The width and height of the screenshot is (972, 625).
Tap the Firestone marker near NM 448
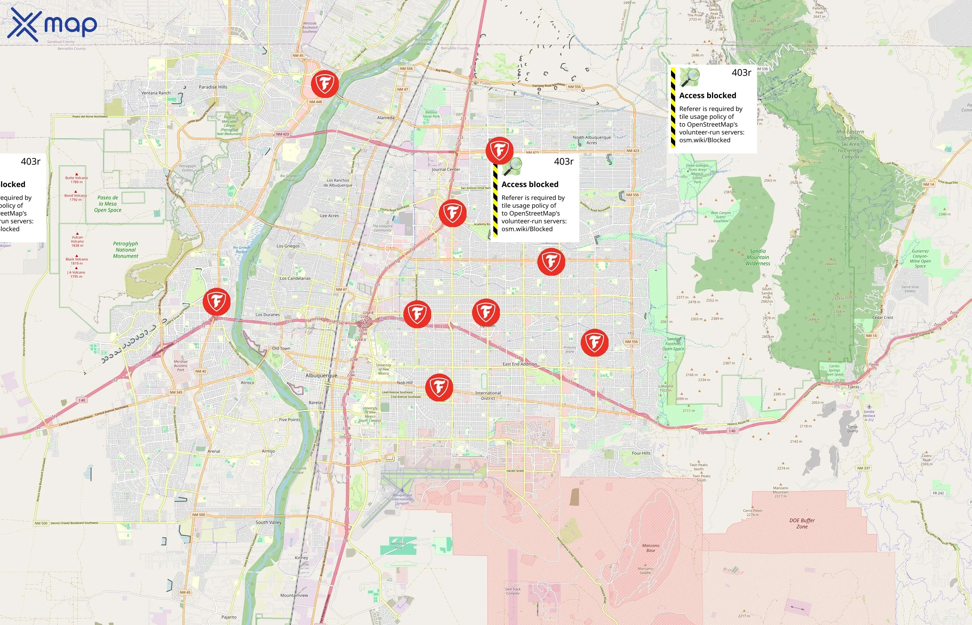pyautogui.click(x=325, y=84)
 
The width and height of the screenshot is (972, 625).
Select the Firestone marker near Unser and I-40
pyautogui.click(x=217, y=301)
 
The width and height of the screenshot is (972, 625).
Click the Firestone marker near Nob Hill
pyautogui.click(x=439, y=387)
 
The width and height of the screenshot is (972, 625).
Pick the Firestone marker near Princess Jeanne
pyautogui.click(x=594, y=342)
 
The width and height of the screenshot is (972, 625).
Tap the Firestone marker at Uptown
pyautogui.click(x=486, y=312)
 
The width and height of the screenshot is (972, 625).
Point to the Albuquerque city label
pyautogui.click(x=321, y=375)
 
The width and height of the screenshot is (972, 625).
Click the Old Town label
pyautogui.click(x=281, y=348)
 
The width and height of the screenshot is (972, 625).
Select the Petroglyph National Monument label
pyautogui.click(x=125, y=250)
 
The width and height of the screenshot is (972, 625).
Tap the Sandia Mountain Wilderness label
pyautogui.click(x=757, y=257)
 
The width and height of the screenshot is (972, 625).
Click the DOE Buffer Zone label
pyautogui.click(x=802, y=523)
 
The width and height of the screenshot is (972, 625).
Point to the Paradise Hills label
pyautogui.click(x=213, y=87)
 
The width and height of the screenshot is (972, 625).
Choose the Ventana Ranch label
pyautogui.click(x=156, y=93)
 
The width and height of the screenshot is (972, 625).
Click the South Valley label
pyautogui.click(x=268, y=522)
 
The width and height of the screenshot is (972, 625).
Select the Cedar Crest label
pyautogui.click(x=882, y=317)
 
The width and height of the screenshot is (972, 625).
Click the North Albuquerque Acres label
pyautogui.click(x=592, y=140)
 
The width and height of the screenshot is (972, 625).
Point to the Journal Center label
pyautogui.click(x=446, y=169)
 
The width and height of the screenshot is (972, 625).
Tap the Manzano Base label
pyautogui.click(x=651, y=548)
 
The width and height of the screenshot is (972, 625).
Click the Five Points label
pyautogui.click(x=290, y=420)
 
